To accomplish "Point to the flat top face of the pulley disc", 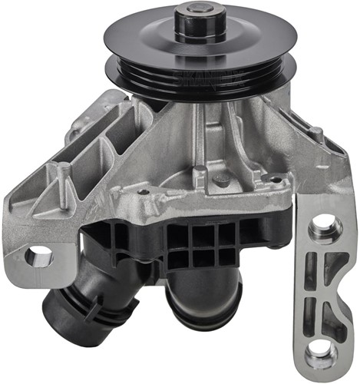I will pos(138,42).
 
